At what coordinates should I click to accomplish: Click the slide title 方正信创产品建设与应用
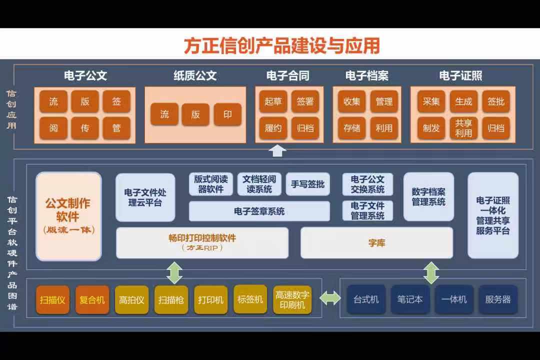(x=281, y=46)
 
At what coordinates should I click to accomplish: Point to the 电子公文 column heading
(x=85, y=75)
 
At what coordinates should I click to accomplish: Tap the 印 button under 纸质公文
(x=227, y=114)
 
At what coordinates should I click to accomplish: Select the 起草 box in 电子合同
(x=273, y=101)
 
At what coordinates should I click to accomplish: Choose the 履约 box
(x=273, y=128)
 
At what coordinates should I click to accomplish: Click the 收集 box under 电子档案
(x=351, y=101)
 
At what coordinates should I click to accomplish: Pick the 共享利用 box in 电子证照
(x=463, y=128)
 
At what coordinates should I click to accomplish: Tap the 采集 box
(x=431, y=101)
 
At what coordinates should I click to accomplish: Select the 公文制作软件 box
(x=68, y=216)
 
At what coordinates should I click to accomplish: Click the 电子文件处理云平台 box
(x=145, y=197)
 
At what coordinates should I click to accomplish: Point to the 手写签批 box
(x=307, y=184)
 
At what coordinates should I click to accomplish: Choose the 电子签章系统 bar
(x=259, y=211)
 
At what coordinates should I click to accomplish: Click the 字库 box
(x=377, y=243)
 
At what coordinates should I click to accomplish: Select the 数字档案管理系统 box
(x=428, y=196)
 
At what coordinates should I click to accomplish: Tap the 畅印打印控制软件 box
(x=202, y=243)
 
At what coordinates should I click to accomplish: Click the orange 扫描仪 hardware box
(x=52, y=299)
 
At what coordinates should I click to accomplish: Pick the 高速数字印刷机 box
(x=292, y=299)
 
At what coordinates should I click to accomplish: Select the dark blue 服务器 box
(x=498, y=299)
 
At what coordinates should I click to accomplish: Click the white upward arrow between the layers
(x=277, y=151)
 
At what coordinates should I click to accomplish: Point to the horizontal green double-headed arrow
(x=330, y=298)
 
